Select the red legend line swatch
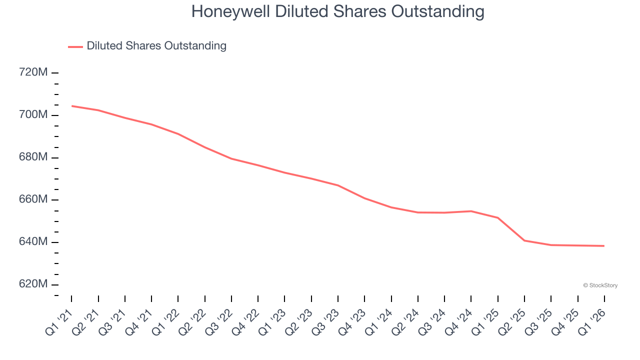click(75, 46)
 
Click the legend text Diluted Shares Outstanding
click(156, 46)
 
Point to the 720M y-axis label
click(33, 72)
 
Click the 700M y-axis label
click(33, 115)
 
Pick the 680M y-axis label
click(33, 157)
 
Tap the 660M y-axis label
click(33, 199)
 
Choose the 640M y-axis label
click(33, 242)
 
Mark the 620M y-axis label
click(33, 284)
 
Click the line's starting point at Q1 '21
click(71, 106)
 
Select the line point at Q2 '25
click(524, 240)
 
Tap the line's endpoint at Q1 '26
click(604, 246)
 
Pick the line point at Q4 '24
click(471, 211)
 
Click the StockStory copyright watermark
click(600, 285)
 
